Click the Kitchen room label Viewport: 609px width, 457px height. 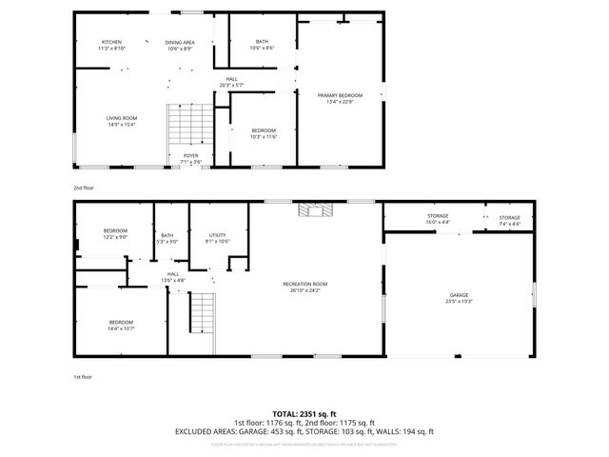(112, 45)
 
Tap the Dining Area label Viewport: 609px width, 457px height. (180, 45)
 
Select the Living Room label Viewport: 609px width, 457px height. (121, 121)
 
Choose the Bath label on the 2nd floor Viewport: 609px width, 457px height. (262, 44)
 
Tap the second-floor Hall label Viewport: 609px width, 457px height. (231, 82)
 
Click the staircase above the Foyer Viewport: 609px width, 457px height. (191, 125)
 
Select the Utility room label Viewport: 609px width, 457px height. (218, 238)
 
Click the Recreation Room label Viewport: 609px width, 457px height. (304, 287)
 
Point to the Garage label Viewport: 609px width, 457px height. (459, 298)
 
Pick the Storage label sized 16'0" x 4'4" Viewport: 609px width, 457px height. (438, 219)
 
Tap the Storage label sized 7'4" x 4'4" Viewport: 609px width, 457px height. (510, 221)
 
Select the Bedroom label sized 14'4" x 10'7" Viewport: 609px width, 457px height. (121, 325)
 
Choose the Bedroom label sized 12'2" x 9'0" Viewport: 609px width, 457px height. (115, 234)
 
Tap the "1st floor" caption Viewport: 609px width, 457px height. (84, 377)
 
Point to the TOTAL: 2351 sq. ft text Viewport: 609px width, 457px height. (304, 413)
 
